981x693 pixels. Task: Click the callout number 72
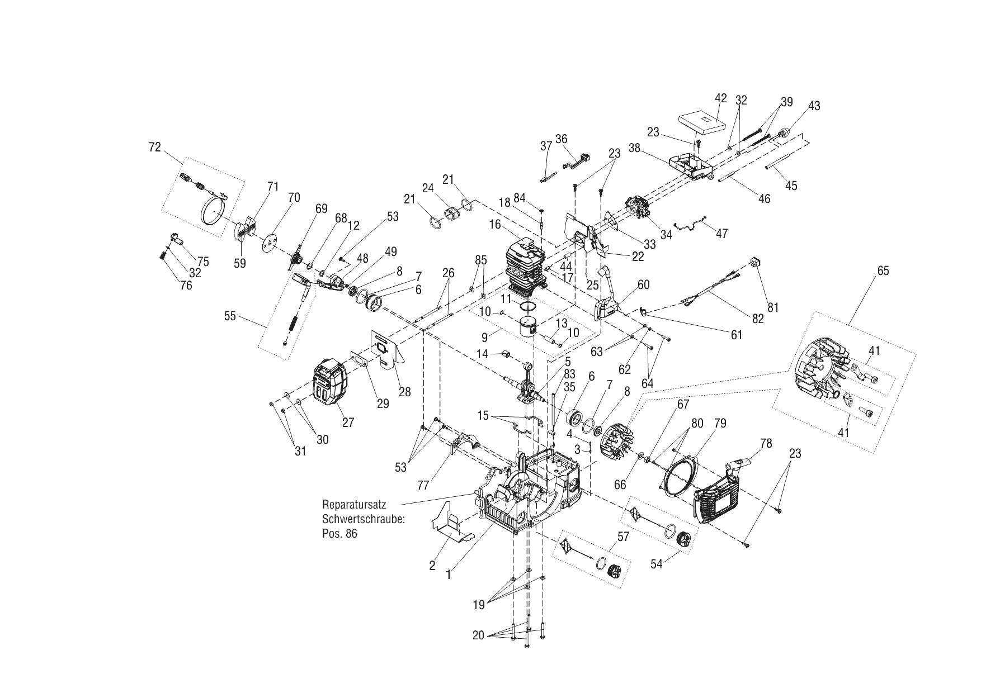pos(154,148)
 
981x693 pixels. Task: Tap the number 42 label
pos(720,98)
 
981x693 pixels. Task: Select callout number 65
pos(883,271)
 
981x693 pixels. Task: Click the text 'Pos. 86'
pos(339,534)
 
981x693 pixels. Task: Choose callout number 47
pos(721,234)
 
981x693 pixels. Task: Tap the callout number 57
pos(622,537)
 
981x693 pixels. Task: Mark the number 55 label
pos(230,316)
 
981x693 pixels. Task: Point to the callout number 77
pos(423,486)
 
